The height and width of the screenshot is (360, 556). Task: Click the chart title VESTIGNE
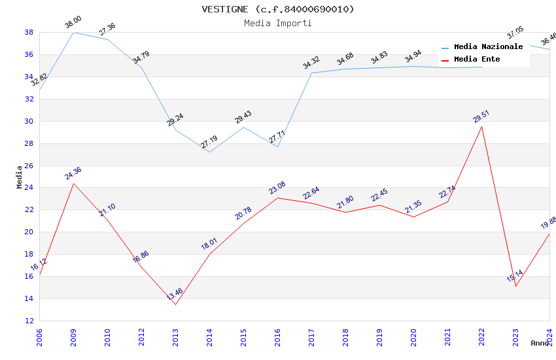(x=278, y=9)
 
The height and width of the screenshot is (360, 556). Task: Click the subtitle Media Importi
(x=278, y=23)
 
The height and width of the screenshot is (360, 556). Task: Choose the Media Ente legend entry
(x=477, y=60)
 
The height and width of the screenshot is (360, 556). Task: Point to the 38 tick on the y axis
(x=29, y=32)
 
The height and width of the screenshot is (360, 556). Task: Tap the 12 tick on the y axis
(x=29, y=321)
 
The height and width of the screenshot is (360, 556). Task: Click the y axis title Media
(x=19, y=177)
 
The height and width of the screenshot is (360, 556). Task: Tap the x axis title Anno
(x=540, y=343)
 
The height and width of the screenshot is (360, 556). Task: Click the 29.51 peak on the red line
(x=482, y=126)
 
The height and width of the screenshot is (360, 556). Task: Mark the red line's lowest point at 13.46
(x=175, y=304)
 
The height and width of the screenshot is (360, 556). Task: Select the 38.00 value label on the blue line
(x=73, y=24)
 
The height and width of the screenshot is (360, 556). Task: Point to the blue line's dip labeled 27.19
(x=209, y=152)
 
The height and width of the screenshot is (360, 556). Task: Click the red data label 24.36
(x=73, y=173)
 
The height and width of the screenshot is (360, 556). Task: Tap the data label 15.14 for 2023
(x=515, y=276)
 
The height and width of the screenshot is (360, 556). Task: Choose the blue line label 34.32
(x=311, y=63)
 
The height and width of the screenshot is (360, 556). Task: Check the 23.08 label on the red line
(x=277, y=188)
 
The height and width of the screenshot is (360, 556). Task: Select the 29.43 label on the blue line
(x=243, y=117)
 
